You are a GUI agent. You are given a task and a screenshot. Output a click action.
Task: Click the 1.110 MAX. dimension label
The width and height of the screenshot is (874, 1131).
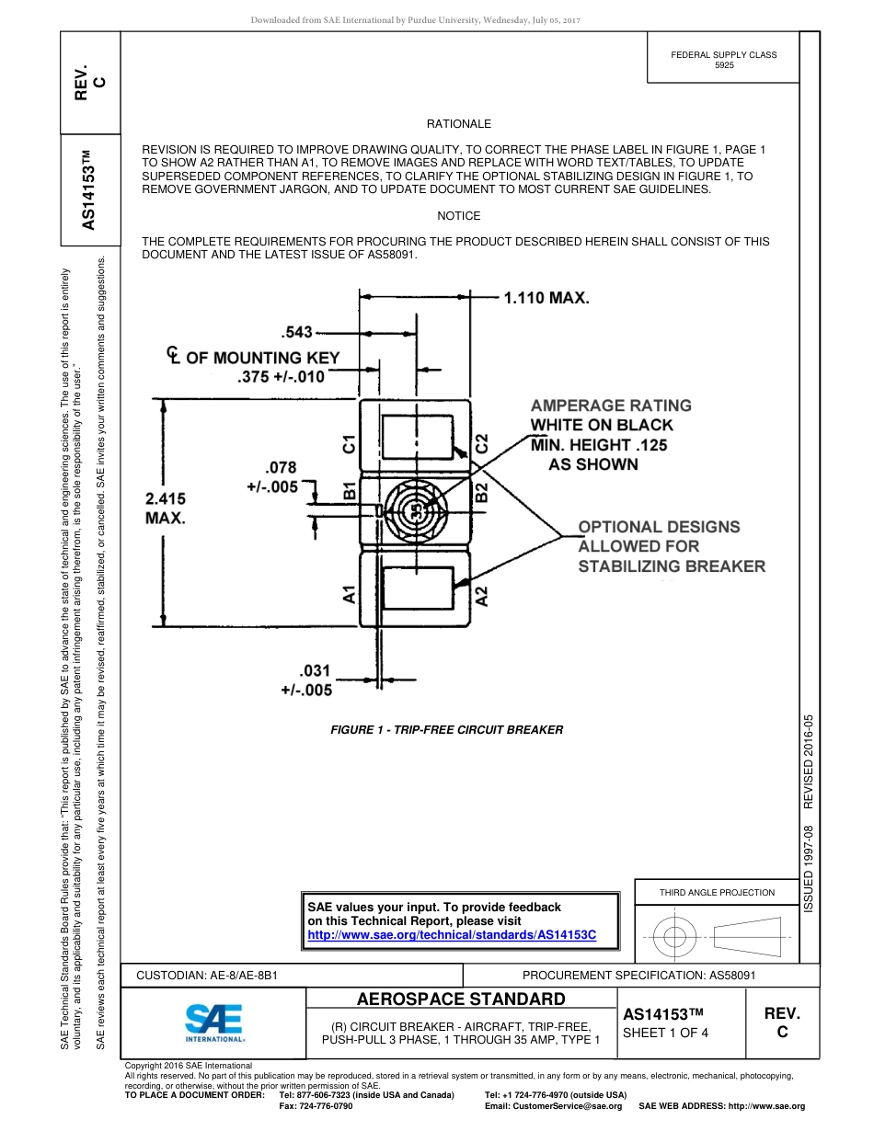point(546,298)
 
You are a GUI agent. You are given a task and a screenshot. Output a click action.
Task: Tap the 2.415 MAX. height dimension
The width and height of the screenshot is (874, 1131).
point(166,508)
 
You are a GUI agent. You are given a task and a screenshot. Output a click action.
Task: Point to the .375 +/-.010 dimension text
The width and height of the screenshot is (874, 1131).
point(281,377)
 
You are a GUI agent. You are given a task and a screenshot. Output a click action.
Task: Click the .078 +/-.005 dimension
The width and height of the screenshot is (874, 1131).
point(272,477)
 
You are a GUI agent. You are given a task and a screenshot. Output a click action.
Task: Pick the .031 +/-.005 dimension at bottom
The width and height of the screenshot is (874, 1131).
point(307,680)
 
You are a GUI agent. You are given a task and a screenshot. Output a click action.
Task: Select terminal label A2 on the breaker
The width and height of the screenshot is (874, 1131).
point(481,595)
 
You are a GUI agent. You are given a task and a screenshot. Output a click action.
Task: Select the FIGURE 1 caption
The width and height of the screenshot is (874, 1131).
point(446,729)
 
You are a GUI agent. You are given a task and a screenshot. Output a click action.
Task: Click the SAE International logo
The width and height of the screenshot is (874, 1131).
point(214,1022)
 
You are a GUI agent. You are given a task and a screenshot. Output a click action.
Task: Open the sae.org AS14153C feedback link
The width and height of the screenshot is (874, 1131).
point(452,934)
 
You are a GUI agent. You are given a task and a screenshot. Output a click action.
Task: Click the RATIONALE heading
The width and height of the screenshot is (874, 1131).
point(458,123)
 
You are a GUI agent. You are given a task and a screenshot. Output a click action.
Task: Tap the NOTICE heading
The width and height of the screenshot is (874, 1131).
point(458,215)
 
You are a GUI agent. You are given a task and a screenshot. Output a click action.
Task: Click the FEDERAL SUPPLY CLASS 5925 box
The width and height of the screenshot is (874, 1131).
point(723,61)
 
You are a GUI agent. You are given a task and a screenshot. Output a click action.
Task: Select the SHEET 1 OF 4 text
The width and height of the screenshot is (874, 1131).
point(665,1033)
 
